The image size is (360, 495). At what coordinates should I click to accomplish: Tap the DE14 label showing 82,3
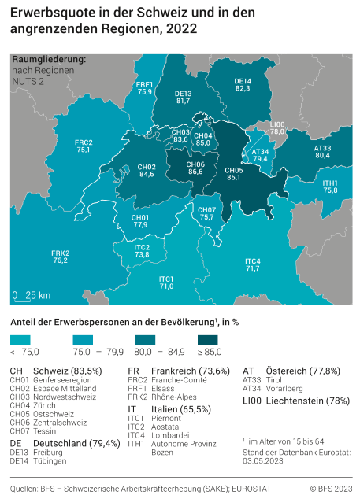(243, 85)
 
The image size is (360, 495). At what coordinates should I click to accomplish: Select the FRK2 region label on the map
(61, 256)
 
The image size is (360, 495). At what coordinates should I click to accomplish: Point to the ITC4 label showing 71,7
(253, 264)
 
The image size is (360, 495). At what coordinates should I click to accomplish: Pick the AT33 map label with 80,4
(322, 151)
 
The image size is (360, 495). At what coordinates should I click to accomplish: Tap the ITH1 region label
(330, 187)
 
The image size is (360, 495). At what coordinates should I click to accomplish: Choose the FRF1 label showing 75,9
(144, 88)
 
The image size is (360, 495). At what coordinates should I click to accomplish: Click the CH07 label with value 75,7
(206, 213)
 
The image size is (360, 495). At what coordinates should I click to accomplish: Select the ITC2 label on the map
(142, 250)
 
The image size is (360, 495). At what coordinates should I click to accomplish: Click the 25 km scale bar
(32, 296)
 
